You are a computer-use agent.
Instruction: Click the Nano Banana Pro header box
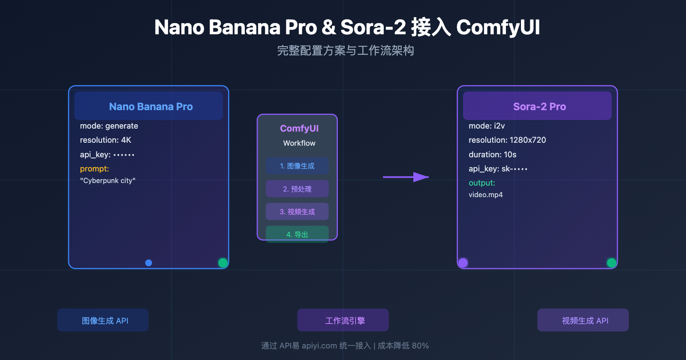tap(148, 106)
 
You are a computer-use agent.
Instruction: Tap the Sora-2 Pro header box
tap(537, 106)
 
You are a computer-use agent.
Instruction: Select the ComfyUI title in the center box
tap(299, 129)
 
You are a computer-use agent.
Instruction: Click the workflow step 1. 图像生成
tap(297, 166)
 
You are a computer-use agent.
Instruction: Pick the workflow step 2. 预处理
tap(297, 189)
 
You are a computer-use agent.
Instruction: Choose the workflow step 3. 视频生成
tap(297, 212)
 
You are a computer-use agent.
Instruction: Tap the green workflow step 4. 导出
tap(297, 234)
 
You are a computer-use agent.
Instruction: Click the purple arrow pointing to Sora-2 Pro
tap(406, 177)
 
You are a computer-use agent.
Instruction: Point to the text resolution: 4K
tap(105, 140)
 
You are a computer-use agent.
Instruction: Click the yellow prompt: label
tap(94, 169)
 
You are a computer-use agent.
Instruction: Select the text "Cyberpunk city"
tap(108, 181)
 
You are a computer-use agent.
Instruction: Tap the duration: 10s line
tap(492, 155)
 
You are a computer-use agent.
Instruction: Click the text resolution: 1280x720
tap(507, 140)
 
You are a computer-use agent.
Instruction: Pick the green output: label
tap(481, 183)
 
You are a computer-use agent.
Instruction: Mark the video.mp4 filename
tap(485, 195)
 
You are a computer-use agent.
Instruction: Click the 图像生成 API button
tap(103, 320)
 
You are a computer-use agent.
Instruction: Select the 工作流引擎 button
tap(343, 320)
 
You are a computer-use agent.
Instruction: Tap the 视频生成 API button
tap(583, 320)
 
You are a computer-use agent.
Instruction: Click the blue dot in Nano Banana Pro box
tap(149, 263)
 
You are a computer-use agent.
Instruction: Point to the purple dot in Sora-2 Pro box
tap(463, 263)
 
